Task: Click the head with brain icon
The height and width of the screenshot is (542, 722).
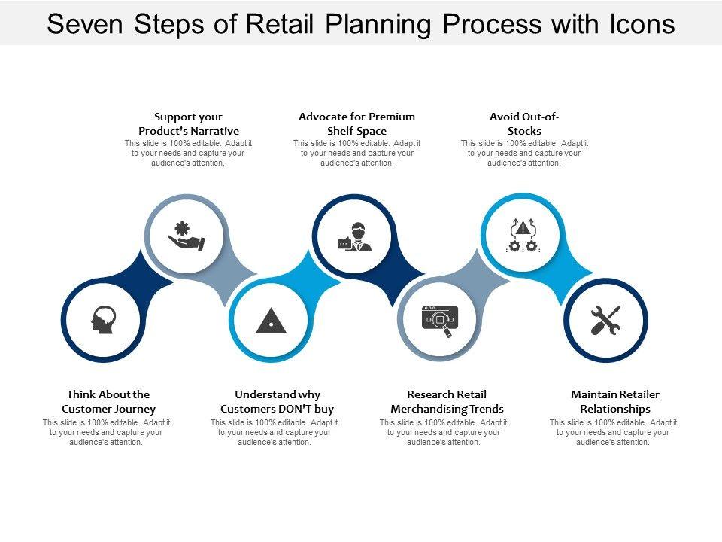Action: click(103, 320)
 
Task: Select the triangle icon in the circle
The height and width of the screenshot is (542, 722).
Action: click(271, 321)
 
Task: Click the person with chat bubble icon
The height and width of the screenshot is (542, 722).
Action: click(354, 237)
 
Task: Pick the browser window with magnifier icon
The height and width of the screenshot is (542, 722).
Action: click(439, 321)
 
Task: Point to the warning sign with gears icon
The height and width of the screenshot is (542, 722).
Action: click(523, 236)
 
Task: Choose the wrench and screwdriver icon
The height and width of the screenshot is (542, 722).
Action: click(605, 321)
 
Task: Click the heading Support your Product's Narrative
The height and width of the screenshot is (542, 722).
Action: click(189, 124)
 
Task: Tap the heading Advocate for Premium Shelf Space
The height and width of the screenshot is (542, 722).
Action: click(356, 124)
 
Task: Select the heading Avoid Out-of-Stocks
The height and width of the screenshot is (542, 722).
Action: click(524, 124)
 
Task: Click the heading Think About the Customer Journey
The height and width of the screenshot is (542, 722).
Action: click(108, 401)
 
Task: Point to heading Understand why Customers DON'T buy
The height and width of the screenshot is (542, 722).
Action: click(277, 401)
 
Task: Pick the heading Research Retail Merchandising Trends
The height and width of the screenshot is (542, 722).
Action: click(447, 401)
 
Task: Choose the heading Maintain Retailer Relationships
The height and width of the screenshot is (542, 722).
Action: click(615, 401)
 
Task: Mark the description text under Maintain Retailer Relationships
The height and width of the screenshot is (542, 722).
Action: click(613, 433)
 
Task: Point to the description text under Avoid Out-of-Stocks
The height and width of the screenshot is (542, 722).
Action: click(524, 153)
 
